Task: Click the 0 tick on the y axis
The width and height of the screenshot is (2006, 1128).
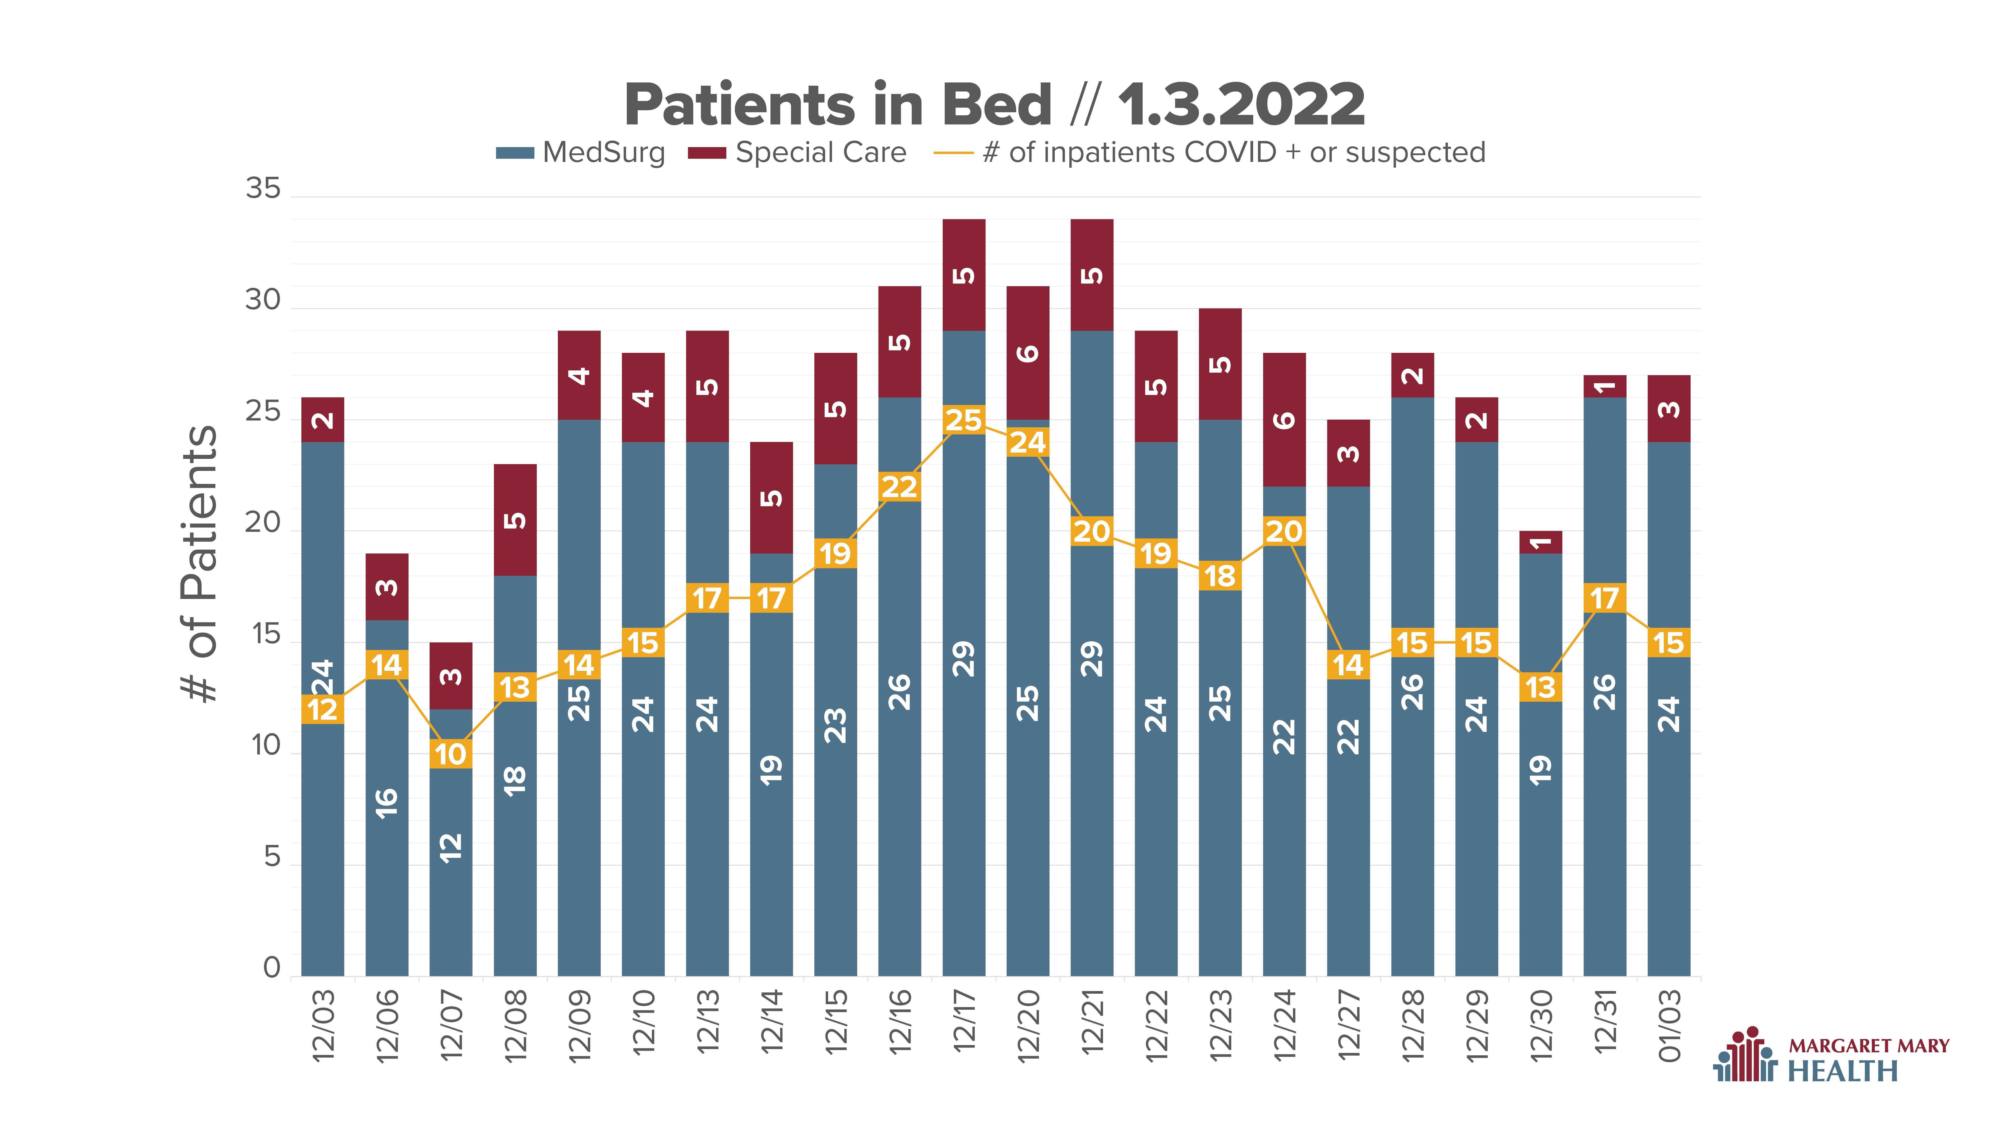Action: (x=272, y=968)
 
